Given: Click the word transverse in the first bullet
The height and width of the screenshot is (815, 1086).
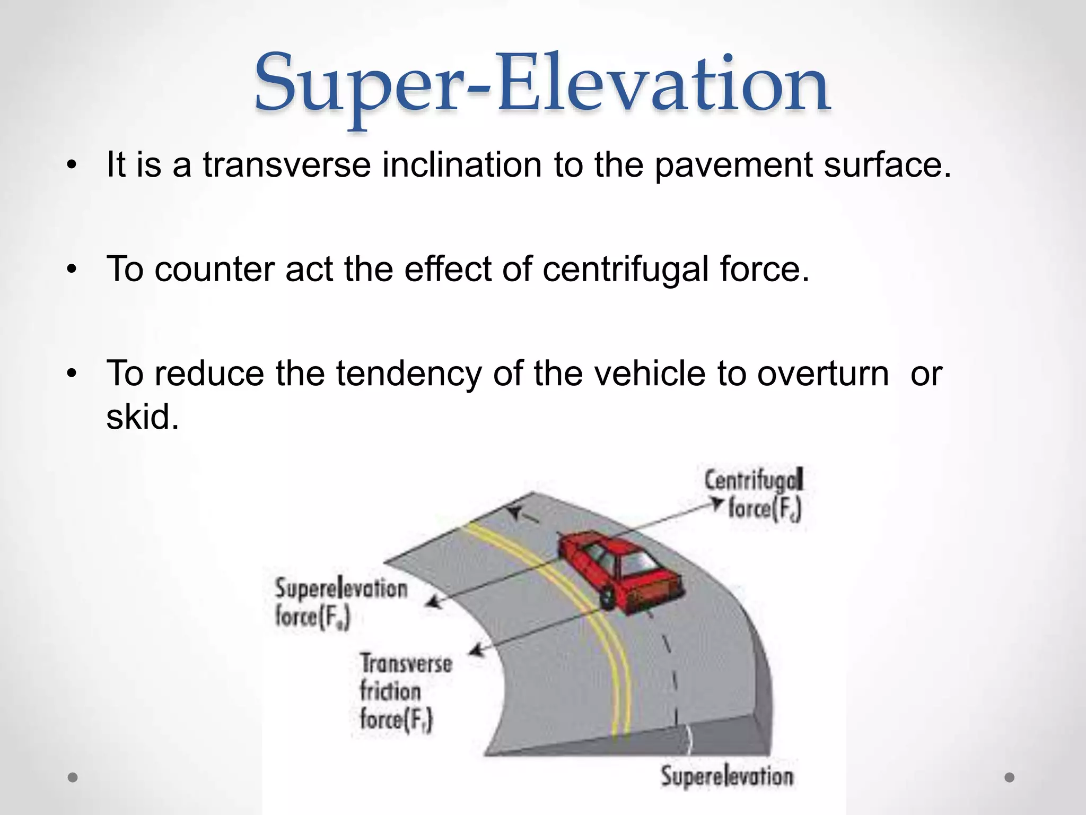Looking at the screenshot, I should pyautogui.click(x=286, y=165).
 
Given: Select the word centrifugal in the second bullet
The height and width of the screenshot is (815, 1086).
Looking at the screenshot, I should pyautogui.click(x=626, y=270).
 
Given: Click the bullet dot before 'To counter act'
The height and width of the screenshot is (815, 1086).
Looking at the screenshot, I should pyautogui.click(x=72, y=270).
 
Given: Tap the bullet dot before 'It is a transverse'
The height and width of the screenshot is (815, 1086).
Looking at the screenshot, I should pyautogui.click(x=72, y=166).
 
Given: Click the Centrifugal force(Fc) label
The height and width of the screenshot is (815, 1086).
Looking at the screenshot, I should pyautogui.click(x=756, y=495).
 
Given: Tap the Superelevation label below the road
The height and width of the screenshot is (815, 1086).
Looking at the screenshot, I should pyautogui.click(x=727, y=776).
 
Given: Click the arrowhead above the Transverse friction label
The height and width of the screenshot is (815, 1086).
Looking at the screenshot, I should pyautogui.click(x=477, y=649).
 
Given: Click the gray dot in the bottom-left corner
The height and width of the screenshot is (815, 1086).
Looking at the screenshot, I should pyautogui.click(x=73, y=778).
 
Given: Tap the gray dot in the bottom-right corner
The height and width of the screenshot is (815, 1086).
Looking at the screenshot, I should pyautogui.click(x=1010, y=778).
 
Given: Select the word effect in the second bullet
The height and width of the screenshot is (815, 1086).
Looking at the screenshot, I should pyautogui.click(x=448, y=270).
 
